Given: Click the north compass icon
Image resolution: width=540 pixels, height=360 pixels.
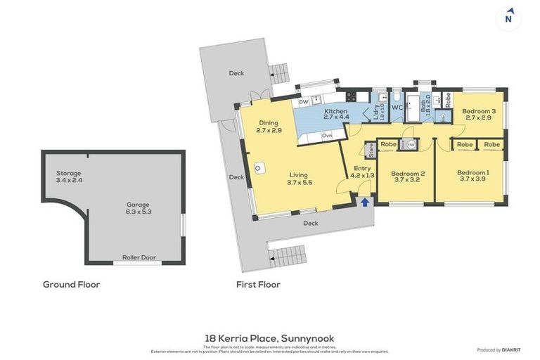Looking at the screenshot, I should click(508, 18).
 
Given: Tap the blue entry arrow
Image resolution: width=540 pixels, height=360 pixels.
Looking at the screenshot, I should click(364, 203).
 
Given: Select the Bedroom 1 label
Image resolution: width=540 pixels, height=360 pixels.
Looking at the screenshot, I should click(472, 173).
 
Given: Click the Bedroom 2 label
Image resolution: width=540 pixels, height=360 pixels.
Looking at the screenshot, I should click(407, 174).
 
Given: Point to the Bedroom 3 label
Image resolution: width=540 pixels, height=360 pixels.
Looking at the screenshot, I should click(478, 110).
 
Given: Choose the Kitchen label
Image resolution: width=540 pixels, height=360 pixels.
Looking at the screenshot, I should click(336, 112).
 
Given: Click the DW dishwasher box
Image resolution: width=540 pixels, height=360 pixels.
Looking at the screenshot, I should click(304, 102).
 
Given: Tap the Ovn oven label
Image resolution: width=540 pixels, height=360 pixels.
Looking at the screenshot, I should click(326, 135).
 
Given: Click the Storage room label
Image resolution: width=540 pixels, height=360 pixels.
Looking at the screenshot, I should click(69, 173).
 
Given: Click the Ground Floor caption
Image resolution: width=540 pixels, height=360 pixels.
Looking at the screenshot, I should click(71, 285).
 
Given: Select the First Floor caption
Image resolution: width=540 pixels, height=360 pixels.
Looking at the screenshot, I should click(258, 285).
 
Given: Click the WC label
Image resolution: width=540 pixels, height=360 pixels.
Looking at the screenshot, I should click(396, 108).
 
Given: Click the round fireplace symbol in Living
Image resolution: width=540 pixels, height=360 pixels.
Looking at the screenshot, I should click(259, 168).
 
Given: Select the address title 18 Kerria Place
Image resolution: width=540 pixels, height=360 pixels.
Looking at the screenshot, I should click(270, 339).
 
